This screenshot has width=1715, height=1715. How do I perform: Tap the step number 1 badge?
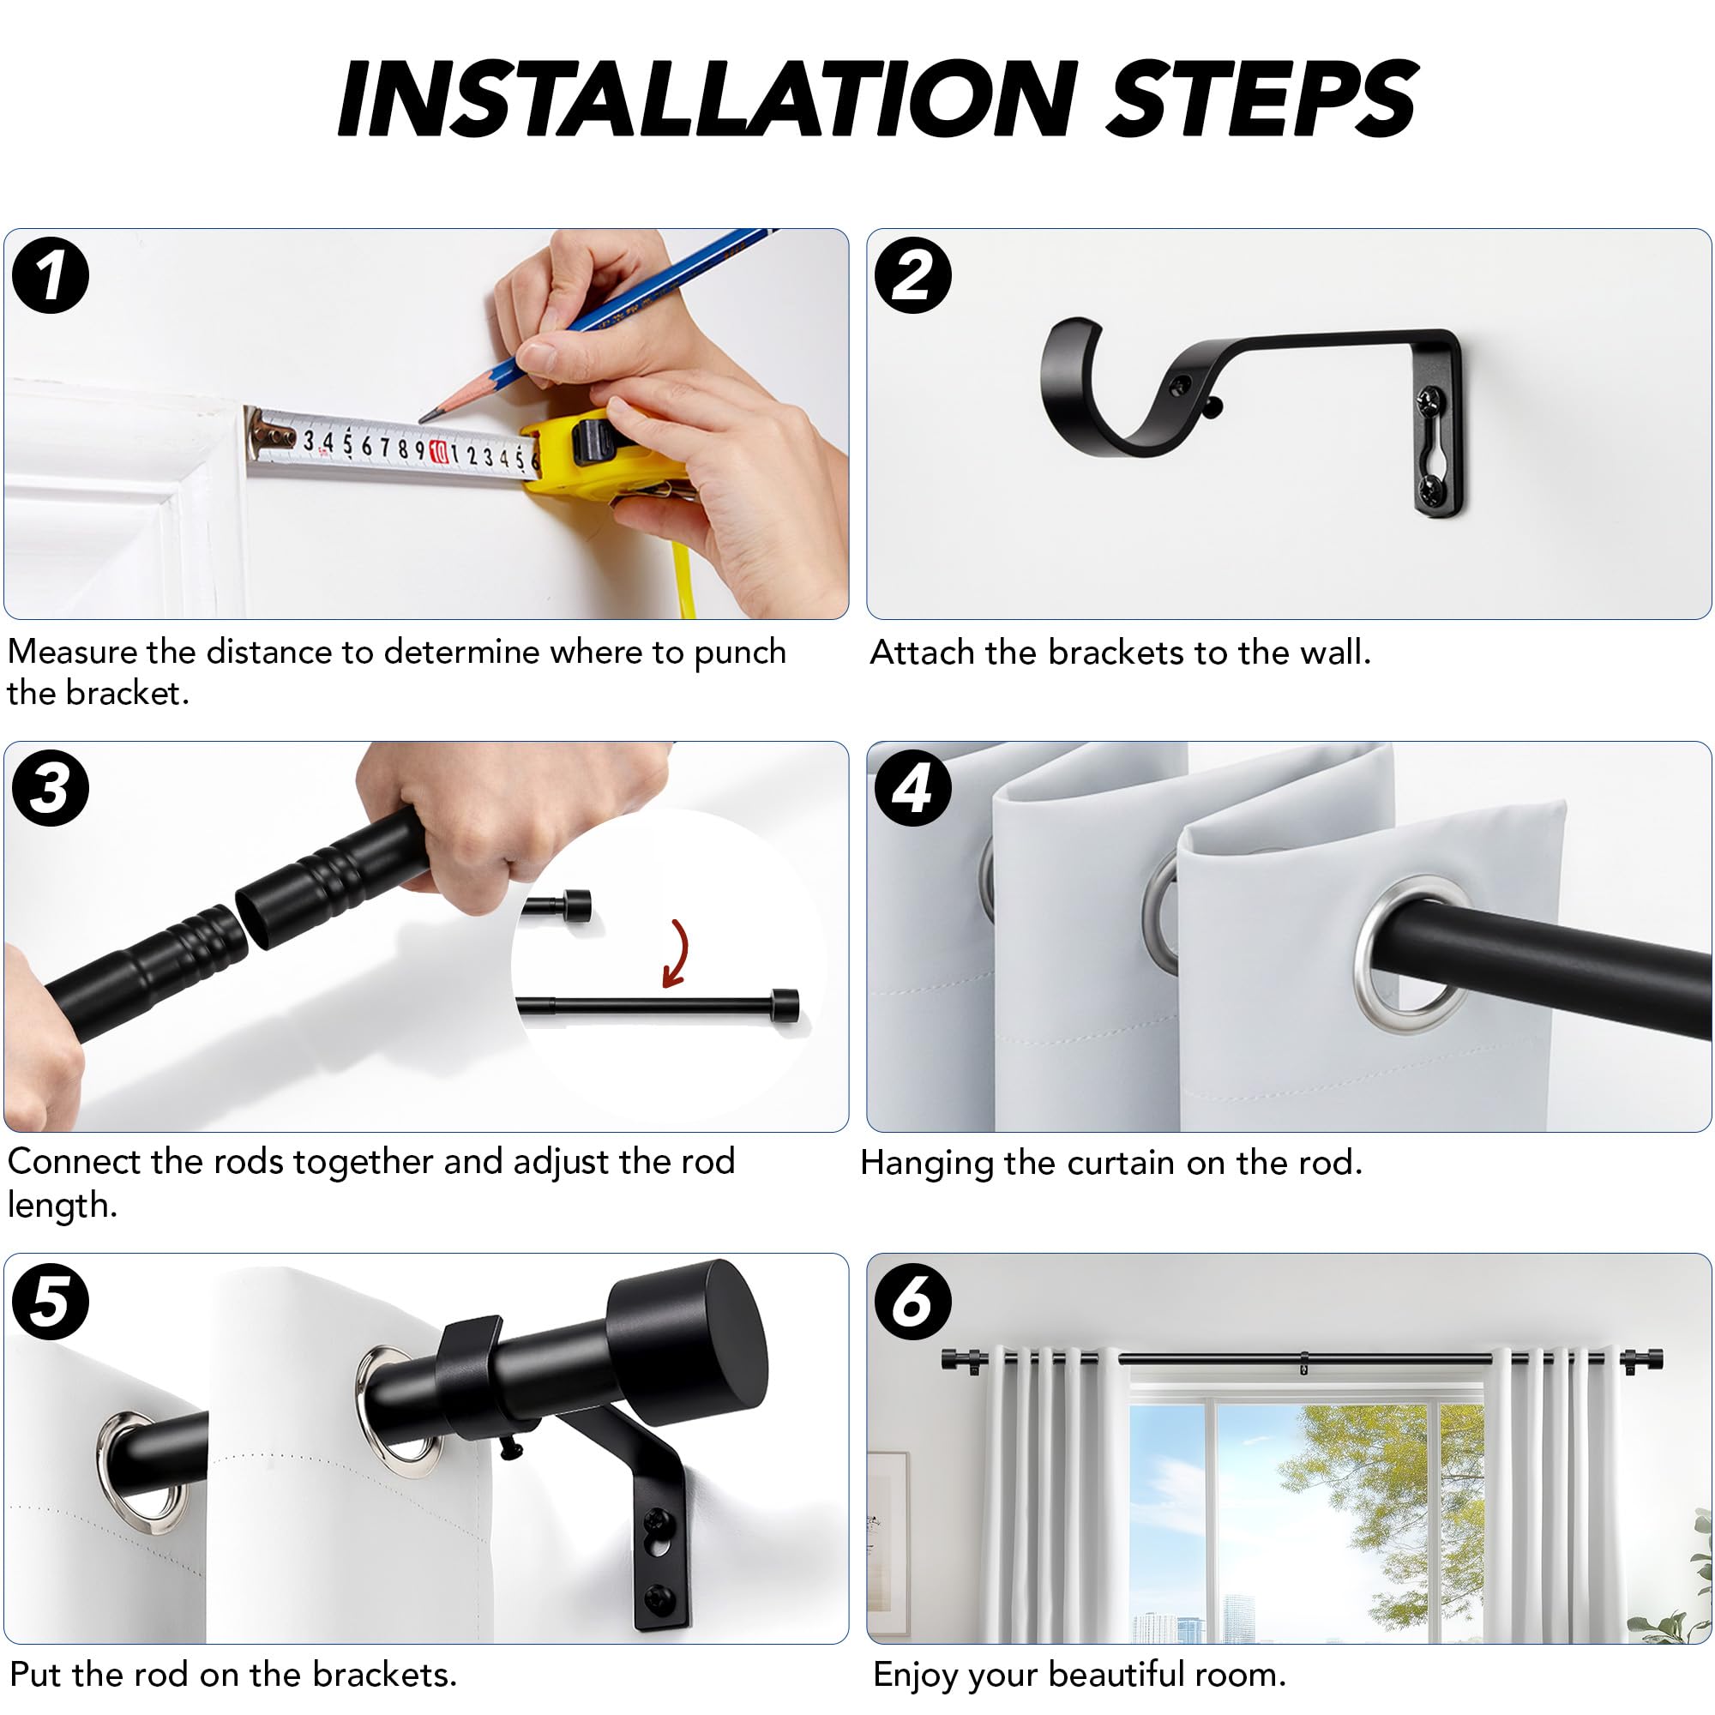click(x=51, y=275)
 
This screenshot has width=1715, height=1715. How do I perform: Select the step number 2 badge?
click(x=912, y=275)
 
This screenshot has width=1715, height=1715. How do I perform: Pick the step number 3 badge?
click(x=51, y=788)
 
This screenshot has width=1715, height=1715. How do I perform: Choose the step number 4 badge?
click(x=912, y=788)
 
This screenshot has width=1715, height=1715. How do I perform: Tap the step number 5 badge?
click(x=51, y=1302)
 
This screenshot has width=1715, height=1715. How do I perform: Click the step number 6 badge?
click(x=912, y=1302)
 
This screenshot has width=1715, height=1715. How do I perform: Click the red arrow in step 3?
click(x=679, y=954)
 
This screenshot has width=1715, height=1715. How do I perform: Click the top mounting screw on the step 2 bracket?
click(x=1432, y=401)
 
